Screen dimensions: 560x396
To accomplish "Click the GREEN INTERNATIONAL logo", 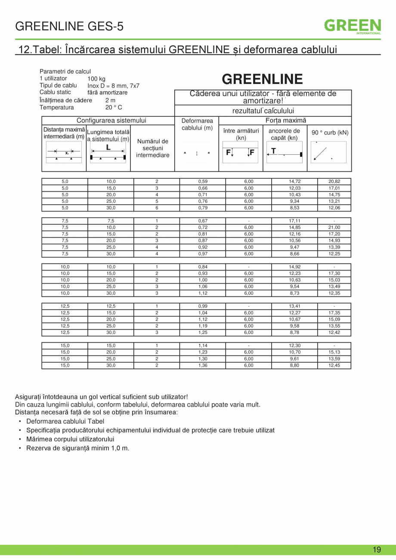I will (x=353, y=26).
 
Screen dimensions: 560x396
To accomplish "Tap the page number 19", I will (x=377, y=550).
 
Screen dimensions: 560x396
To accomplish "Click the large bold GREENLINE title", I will (x=263, y=79).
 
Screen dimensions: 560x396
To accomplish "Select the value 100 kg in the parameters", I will (x=96, y=79).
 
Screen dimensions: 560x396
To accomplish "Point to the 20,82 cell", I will (x=334, y=182).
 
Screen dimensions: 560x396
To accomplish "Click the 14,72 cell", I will (x=294, y=182).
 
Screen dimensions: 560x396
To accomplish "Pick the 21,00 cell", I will (x=334, y=227).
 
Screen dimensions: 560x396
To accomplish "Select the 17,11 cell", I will (x=294, y=221).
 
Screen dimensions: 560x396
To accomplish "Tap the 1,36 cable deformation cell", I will (x=203, y=366).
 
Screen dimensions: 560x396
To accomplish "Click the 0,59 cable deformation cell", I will (x=203, y=182).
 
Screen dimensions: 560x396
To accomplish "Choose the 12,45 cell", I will (x=334, y=366).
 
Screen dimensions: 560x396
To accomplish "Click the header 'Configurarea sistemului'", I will (x=111, y=121).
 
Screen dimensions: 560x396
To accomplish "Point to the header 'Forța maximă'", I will (x=285, y=121).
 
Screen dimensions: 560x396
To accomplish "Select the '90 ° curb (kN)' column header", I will (x=330, y=133).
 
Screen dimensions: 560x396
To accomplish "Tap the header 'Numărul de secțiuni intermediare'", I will (x=153, y=148).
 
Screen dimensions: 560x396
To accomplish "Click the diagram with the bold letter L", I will (x=108, y=152).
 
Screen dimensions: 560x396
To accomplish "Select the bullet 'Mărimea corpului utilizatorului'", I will (x=70, y=439).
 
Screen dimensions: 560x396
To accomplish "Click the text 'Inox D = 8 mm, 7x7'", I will (x=113, y=86).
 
